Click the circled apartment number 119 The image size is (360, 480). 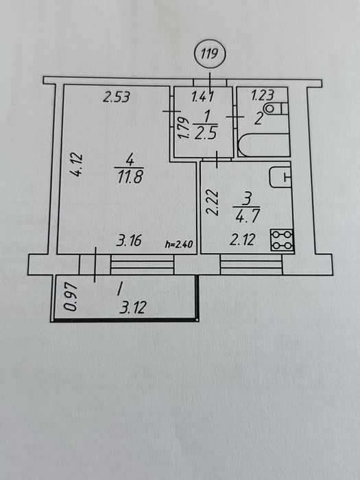[x=210, y=54]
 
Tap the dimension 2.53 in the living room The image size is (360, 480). [x=117, y=97]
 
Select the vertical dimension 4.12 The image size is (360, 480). [x=77, y=165]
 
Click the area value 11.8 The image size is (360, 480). [x=130, y=178]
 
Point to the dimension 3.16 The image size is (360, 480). [x=129, y=241]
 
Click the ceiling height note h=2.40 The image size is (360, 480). [x=179, y=244]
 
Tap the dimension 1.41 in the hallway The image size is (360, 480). [x=202, y=97]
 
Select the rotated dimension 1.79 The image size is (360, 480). [x=184, y=129]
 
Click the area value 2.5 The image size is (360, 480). [x=206, y=134]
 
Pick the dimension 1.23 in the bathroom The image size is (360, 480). [x=263, y=95]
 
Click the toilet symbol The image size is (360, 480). [x=276, y=109]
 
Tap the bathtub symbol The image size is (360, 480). [x=264, y=145]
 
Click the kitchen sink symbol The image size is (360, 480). [x=280, y=177]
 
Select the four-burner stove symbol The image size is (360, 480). [x=282, y=240]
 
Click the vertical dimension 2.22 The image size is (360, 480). [x=212, y=203]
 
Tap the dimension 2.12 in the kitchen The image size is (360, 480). [x=242, y=240]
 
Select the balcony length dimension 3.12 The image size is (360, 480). [x=132, y=308]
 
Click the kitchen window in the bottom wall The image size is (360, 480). [x=251, y=264]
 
